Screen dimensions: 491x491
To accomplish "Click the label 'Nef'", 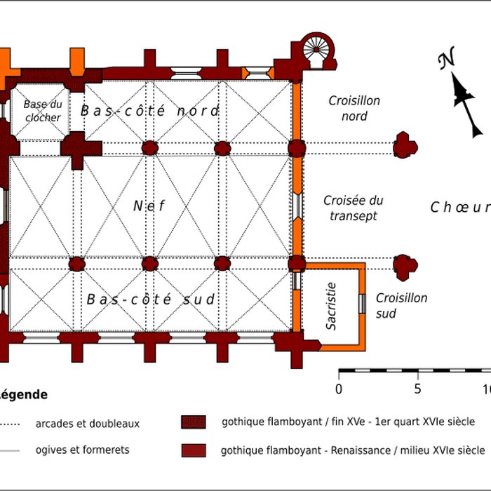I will [x=149, y=206].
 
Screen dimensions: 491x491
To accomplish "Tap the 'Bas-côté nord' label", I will [x=149, y=111].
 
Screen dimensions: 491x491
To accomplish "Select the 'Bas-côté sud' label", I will [x=150, y=300].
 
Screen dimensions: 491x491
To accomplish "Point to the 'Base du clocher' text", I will [x=42, y=111].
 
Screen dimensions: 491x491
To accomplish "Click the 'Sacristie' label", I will [x=332, y=307].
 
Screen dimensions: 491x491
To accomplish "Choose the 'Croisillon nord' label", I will [x=354, y=108].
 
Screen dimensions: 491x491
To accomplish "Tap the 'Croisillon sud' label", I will [x=401, y=306].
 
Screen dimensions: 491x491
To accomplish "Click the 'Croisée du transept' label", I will [x=354, y=208].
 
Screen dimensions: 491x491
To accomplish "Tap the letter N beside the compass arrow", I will [x=445, y=62].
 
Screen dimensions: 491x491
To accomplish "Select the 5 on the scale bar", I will [x=417, y=389].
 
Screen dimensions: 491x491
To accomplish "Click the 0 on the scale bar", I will [x=339, y=389].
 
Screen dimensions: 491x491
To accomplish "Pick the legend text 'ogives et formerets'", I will [x=82, y=450].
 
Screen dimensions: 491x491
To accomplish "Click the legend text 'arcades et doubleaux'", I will [x=88, y=423].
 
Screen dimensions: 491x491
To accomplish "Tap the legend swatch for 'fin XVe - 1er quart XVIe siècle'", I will [x=194, y=422].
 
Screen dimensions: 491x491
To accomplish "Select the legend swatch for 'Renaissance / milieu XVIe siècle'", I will [x=194, y=450].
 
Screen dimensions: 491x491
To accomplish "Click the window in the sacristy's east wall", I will [x=363, y=304].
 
